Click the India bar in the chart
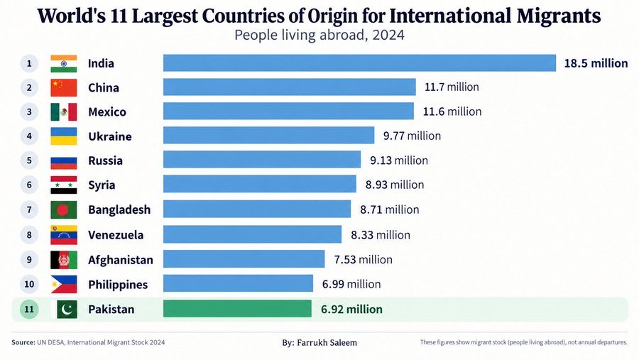(x=359, y=62)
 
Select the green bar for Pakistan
(x=237, y=309)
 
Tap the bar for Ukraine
(x=268, y=136)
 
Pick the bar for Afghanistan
(x=244, y=259)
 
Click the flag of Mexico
(x=64, y=111)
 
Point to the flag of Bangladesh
(x=64, y=209)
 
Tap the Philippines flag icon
(x=64, y=284)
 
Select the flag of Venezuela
(x=64, y=235)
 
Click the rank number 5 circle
(x=29, y=160)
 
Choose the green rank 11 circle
(x=29, y=309)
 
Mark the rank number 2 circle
(x=29, y=87)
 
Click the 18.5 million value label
(x=596, y=63)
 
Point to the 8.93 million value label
(x=395, y=185)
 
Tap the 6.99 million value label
(x=351, y=284)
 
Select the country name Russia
(x=105, y=160)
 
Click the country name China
(x=104, y=87)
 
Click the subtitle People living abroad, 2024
(x=319, y=35)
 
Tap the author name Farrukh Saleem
(x=327, y=342)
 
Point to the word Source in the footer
(x=23, y=342)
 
